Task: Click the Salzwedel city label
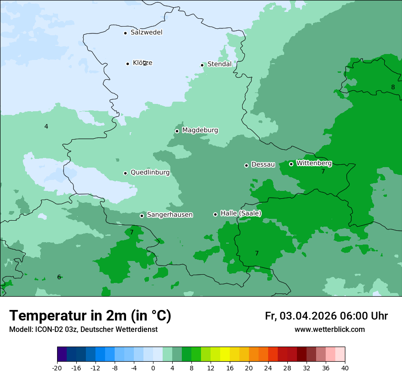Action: point(146,33)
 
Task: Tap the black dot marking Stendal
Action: point(202,65)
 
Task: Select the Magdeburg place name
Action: point(200,130)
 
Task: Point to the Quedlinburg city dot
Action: point(125,173)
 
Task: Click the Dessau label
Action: point(263,164)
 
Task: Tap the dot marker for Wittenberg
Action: point(291,164)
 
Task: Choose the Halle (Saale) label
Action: point(241,213)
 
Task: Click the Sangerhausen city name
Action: point(169,215)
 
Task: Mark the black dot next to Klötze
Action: point(127,64)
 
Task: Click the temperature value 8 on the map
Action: point(393,87)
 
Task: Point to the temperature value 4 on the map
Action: point(46,126)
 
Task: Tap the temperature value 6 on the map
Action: point(59,277)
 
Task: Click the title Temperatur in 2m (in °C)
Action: point(90,315)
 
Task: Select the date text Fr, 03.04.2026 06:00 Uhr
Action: point(326,316)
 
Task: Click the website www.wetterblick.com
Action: point(329,329)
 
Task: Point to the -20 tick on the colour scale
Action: point(57,368)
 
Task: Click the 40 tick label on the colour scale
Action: point(345,368)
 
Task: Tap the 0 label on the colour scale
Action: point(153,368)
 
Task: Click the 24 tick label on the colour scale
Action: point(268,368)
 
